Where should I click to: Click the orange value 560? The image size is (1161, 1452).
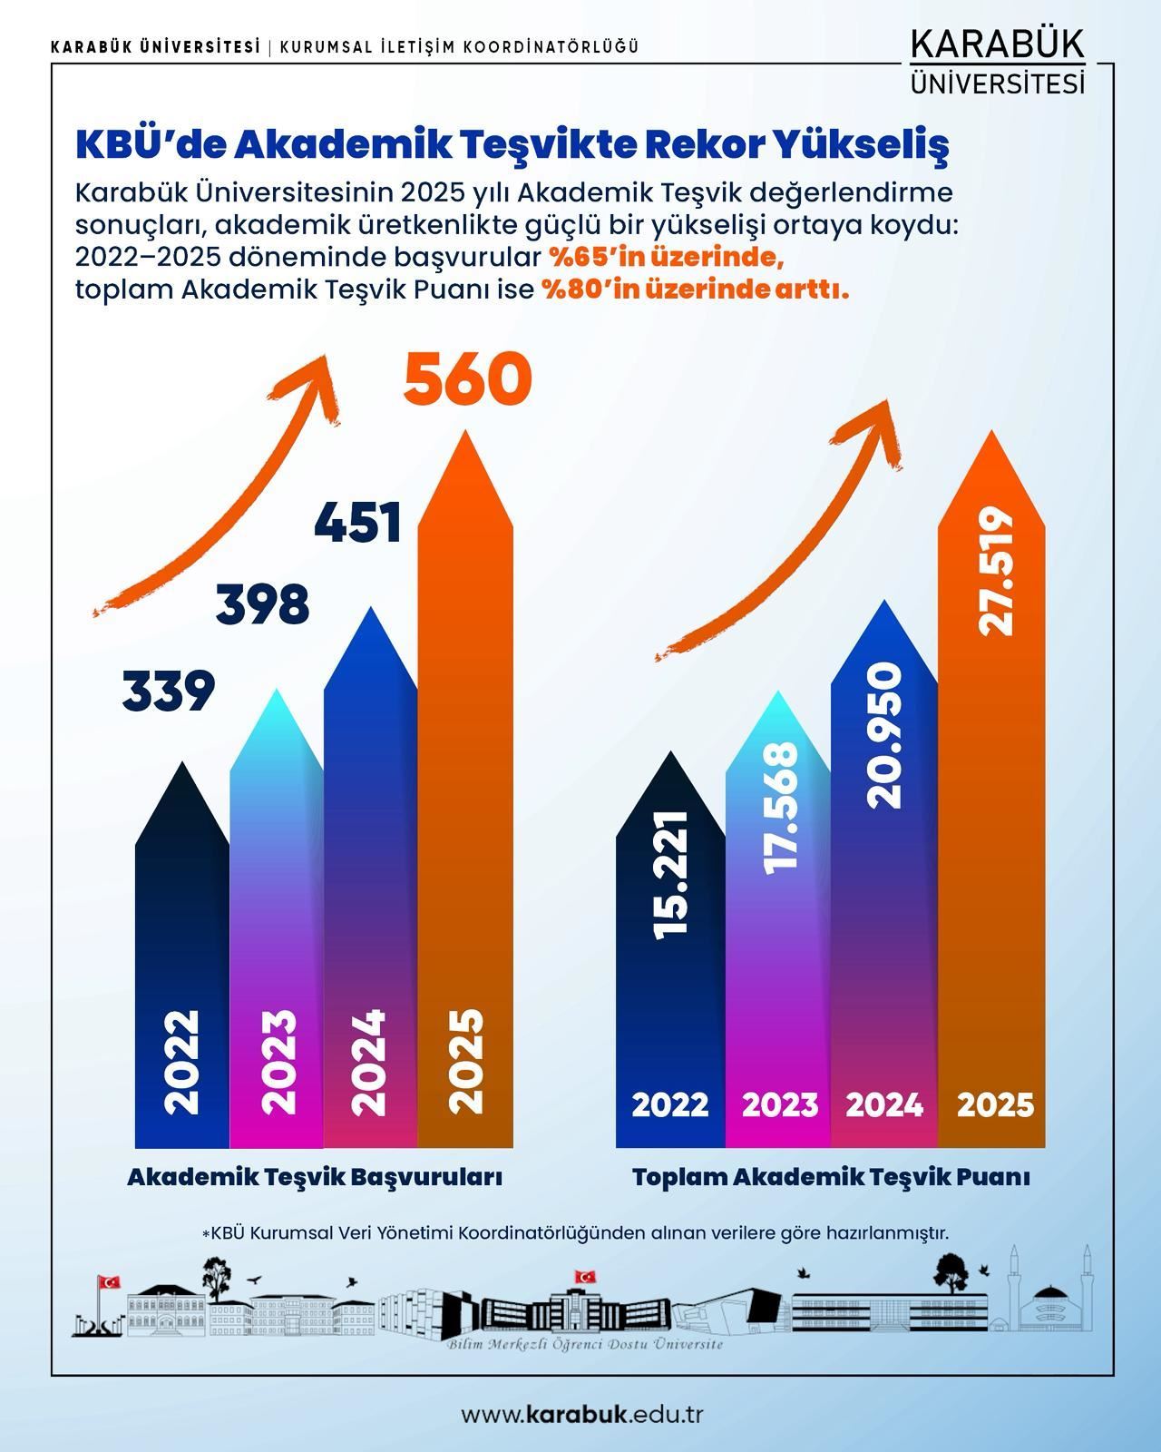pyautogui.click(x=467, y=378)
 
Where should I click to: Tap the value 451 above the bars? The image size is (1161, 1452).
pyautogui.click(x=358, y=524)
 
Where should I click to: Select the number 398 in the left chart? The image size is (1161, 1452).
pyautogui.click(x=262, y=604)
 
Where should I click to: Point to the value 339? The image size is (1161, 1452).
pyautogui.click(x=169, y=692)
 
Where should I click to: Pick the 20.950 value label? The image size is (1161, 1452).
pyautogui.click(x=884, y=735)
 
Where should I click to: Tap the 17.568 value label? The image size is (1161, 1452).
pyautogui.click(x=780, y=808)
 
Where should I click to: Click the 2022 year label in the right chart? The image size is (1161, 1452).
pyautogui.click(x=669, y=1104)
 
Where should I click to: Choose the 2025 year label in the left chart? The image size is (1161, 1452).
pyautogui.click(x=466, y=1062)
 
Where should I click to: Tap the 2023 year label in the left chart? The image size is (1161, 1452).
pyautogui.click(x=278, y=1062)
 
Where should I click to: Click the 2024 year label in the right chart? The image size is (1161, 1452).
pyautogui.click(x=884, y=1104)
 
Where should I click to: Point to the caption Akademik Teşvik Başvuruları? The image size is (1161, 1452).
pyautogui.click(x=315, y=1177)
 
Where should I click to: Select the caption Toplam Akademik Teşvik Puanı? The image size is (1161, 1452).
pyautogui.click(x=831, y=1177)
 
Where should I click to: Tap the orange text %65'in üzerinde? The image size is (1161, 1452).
pyautogui.click(x=666, y=258)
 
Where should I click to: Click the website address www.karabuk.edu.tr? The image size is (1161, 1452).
pyautogui.click(x=582, y=1414)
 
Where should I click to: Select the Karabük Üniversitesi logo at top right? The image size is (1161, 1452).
pyautogui.click(x=997, y=62)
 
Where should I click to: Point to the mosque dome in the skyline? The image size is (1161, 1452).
pyautogui.click(x=1049, y=1293)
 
